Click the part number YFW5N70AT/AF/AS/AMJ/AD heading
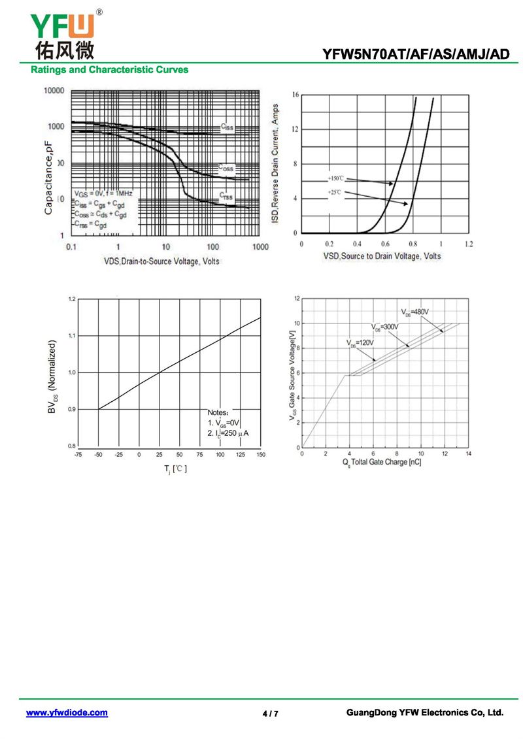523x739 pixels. (415, 55)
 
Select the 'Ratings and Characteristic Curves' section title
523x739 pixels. (110, 69)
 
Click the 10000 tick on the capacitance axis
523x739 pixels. (54, 91)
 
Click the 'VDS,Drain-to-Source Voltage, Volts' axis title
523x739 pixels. (161, 261)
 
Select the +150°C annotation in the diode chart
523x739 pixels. (335, 178)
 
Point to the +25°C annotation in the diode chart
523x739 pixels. (335, 192)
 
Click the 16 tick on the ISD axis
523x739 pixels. (295, 95)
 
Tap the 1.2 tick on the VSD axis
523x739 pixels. (469, 244)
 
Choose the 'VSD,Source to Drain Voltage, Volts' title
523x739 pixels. (382, 256)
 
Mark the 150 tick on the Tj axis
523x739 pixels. (260, 454)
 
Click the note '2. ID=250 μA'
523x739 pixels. (228, 433)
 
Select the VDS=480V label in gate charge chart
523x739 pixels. (415, 312)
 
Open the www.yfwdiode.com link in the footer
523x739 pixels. (67, 713)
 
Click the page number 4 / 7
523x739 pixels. (270, 714)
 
